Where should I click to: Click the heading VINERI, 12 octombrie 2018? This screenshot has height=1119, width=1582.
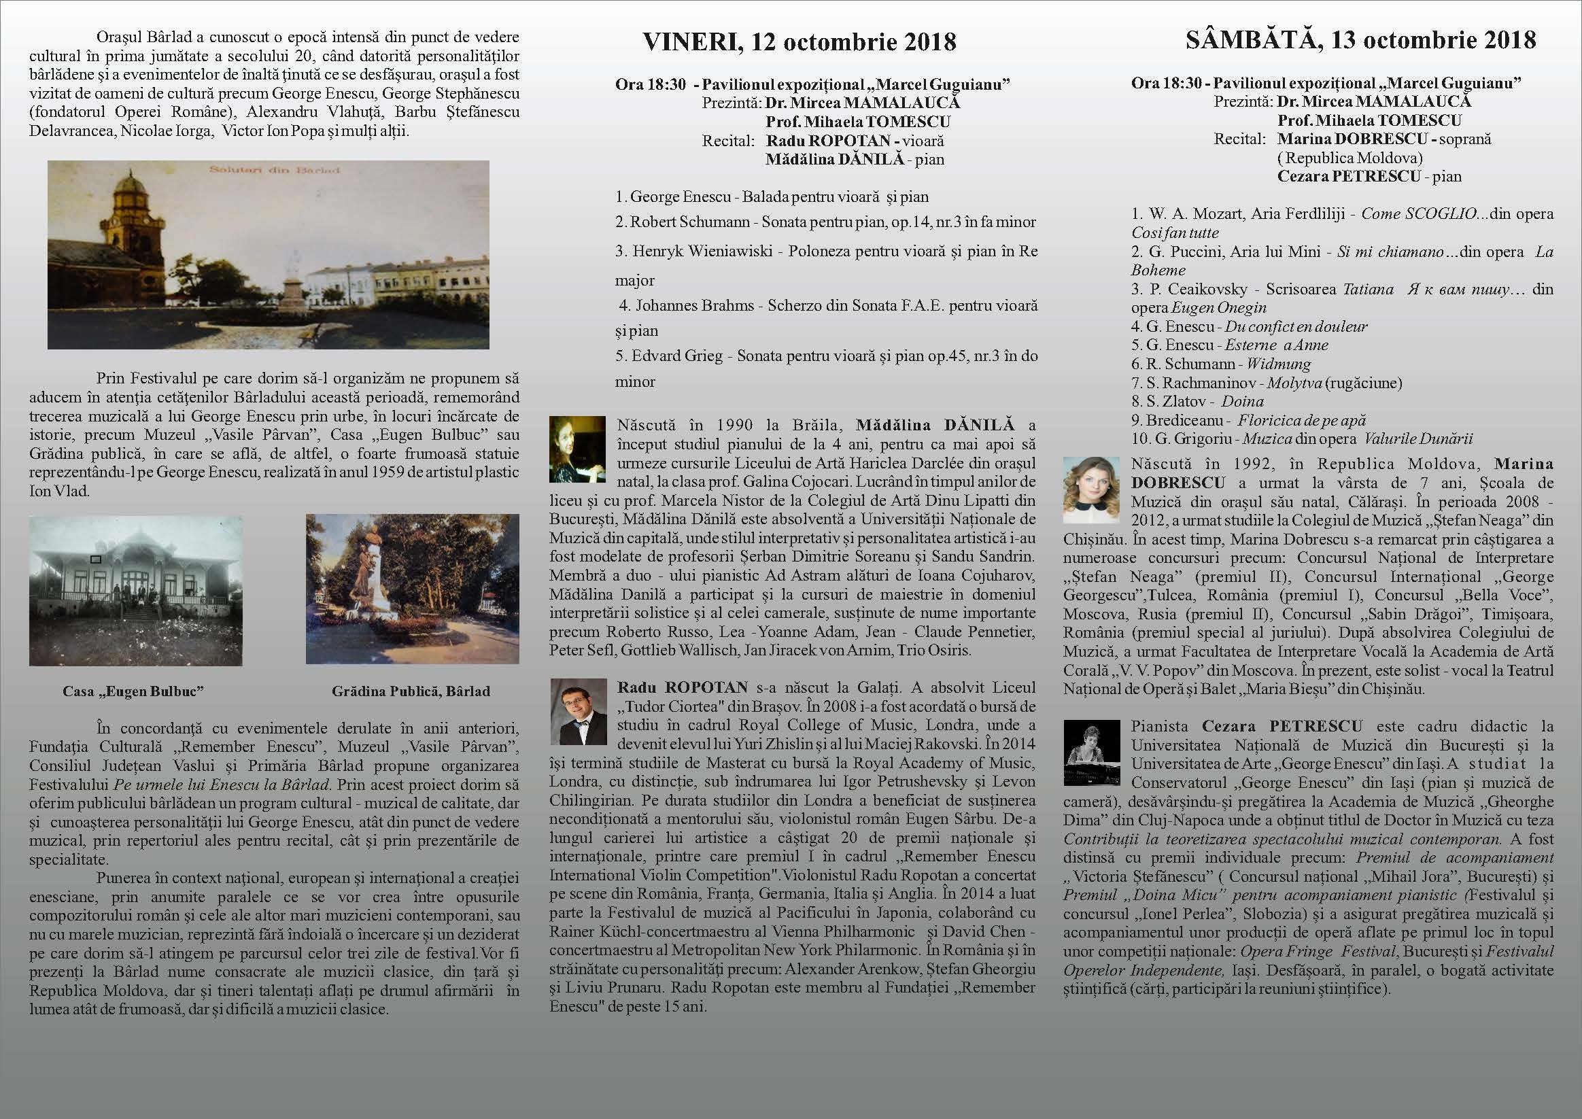click(x=799, y=43)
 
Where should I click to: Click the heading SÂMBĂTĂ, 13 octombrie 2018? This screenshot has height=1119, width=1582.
click(x=1360, y=40)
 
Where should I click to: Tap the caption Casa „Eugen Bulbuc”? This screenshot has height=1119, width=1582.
click(x=133, y=691)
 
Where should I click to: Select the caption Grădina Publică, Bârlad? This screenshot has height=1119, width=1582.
click(x=411, y=691)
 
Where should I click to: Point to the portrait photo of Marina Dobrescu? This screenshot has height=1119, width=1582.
click(x=1090, y=490)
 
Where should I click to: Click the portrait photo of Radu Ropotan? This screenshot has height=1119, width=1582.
click(x=577, y=712)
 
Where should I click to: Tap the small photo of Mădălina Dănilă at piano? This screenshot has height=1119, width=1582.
click(x=577, y=449)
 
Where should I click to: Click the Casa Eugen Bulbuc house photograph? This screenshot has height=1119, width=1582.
click(x=135, y=591)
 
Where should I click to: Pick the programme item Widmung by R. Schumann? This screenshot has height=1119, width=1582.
click(x=1221, y=364)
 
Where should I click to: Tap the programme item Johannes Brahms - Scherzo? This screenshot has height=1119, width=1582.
click(x=827, y=306)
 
